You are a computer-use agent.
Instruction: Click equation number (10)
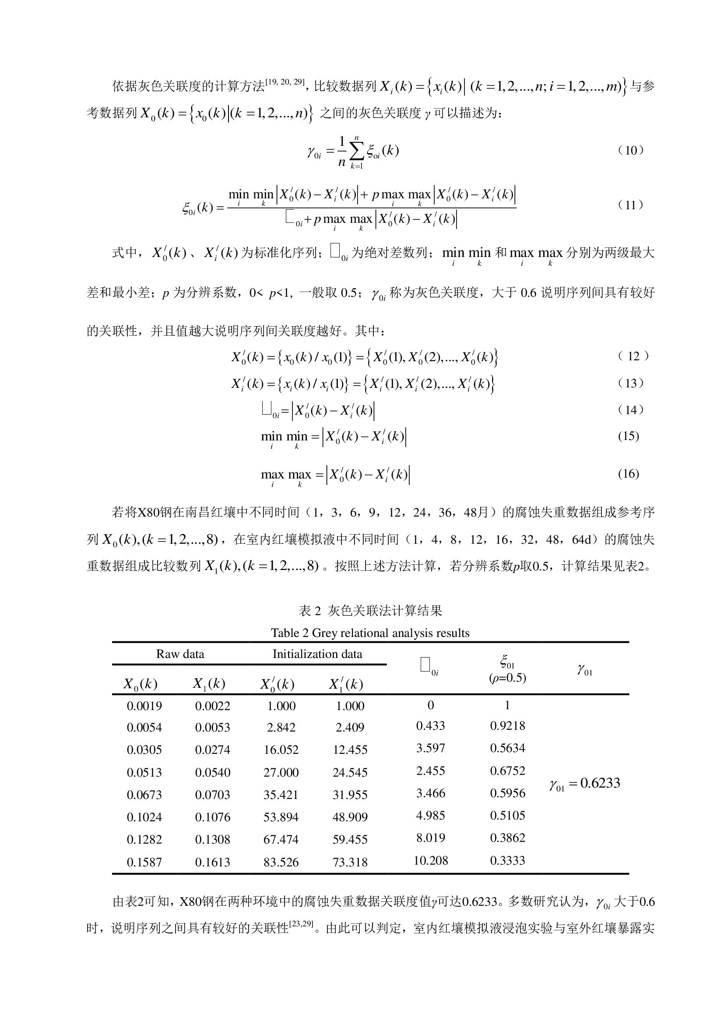(630, 150)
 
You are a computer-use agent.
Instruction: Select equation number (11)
(630, 205)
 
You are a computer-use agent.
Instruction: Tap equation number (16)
(628, 474)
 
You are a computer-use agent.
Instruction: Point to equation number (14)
(630, 410)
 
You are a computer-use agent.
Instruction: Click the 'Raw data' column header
(180, 654)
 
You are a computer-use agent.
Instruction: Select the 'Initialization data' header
(317, 654)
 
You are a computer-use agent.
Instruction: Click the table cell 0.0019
(144, 706)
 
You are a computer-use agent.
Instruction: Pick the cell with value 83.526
(281, 862)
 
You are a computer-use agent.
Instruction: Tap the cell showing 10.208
(431, 860)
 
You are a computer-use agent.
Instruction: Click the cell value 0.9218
(507, 725)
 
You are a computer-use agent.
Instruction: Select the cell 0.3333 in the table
(507, 860)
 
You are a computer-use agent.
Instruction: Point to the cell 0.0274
(213, 749)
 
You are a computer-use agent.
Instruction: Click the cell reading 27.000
(281, 772)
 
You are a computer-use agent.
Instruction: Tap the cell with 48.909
(350, 817)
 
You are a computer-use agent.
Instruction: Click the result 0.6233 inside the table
(600, 783)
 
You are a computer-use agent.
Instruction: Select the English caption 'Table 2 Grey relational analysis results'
(370, 633)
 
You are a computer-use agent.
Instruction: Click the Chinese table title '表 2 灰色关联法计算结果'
(370, 611)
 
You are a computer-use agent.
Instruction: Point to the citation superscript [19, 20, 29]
(285, 82)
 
